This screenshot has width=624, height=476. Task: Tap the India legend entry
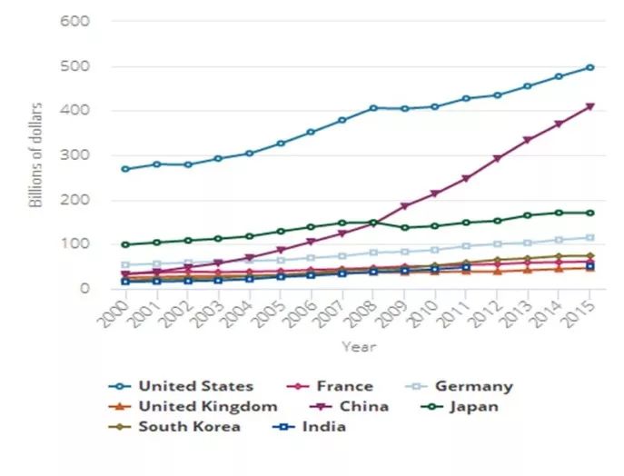[318, 426]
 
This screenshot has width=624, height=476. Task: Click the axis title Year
[357, 346]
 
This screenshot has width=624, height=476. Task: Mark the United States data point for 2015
[590, 67]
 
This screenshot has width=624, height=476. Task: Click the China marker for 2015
[590, 106]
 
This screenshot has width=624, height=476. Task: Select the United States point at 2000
[124, 169]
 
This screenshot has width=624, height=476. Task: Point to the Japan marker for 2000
[124, 244]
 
